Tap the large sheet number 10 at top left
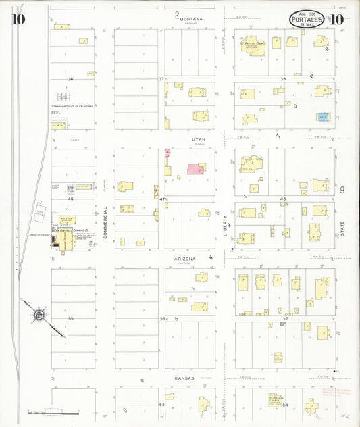point(18,18)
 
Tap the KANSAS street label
point(183,378)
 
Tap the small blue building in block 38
point(323,116)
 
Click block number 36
point(70,79)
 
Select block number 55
point(70,318)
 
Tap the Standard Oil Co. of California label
point(72,107)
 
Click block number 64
point(285,405)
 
